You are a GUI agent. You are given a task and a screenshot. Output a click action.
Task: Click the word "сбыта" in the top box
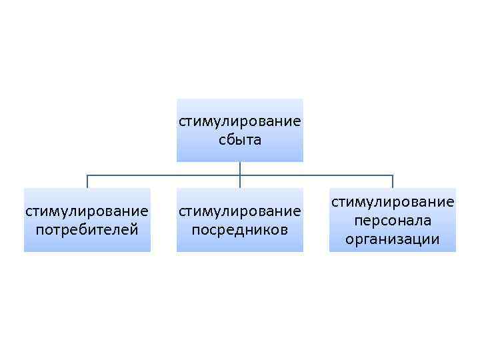(x=239, y=140)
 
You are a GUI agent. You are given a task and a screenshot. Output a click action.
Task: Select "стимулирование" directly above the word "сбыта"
(x=239, y=122)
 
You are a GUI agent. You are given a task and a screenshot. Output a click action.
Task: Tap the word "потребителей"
(x=87, y=230)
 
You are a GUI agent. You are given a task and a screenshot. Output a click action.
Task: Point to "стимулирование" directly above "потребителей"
(x=87, y=212)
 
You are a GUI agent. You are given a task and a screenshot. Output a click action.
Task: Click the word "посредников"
(x=239, y=230)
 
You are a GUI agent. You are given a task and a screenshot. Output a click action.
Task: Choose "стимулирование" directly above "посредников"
(x=239, y=212)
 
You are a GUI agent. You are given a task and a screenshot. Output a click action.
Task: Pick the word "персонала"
(x=393, y=220)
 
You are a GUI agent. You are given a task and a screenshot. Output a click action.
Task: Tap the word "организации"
(x=393, y=239)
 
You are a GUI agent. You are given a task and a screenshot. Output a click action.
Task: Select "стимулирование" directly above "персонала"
(x=393, y=201)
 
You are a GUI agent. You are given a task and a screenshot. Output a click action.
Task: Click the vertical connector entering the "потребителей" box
(x=87, y=182)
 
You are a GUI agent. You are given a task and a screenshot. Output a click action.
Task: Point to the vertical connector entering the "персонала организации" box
(x=393, y=182)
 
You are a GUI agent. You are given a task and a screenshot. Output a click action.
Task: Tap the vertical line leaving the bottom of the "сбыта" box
(x=239, y=168)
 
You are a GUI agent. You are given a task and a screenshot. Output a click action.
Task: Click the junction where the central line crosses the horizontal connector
(x=239, y=175)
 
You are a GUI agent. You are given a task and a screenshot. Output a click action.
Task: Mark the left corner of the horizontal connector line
(x=87, y=175)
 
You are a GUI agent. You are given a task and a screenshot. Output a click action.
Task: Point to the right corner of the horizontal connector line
(x=393, y=175)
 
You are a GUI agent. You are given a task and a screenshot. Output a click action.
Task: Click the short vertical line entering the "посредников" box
(x=239, y=183)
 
